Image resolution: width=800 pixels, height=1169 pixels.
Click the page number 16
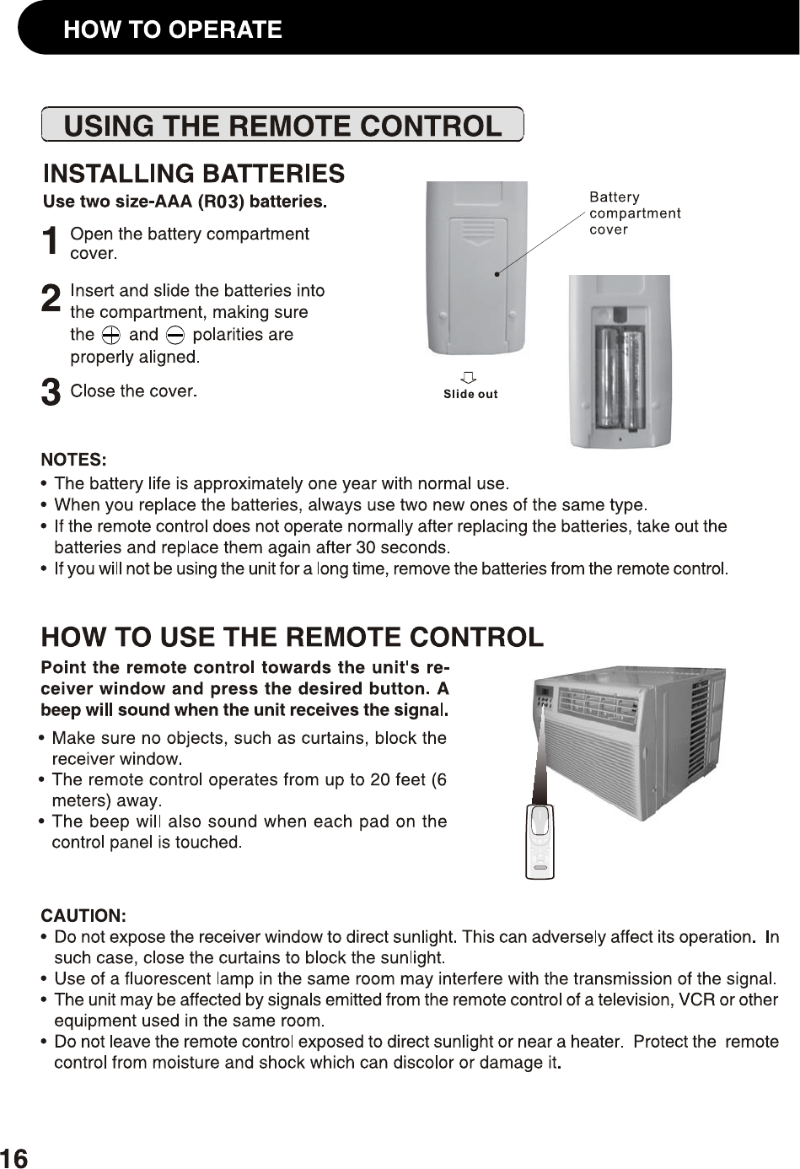(x=14, y=1158)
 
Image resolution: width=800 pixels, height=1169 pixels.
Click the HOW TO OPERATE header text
(x=173, y=30)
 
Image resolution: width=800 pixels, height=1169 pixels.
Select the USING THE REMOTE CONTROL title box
(x=282, y=126)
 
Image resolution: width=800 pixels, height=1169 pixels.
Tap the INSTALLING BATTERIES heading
(x=194, y=174)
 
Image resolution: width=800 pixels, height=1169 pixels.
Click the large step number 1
(x=51, y=241)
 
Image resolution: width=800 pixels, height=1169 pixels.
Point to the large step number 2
(x=51, y=299)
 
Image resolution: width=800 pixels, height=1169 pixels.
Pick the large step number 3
(x=51, y=393)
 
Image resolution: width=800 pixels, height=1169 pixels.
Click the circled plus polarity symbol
(x=110, y=335)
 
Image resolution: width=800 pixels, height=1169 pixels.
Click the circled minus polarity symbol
(x=175, y=335)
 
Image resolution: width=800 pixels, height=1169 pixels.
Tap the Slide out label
(x=470, y=394)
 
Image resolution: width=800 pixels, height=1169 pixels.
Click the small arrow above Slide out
(x=469, y=376)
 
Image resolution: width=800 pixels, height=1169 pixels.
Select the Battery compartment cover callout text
(x=634, y=213)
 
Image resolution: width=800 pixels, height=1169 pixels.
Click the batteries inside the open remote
(x=620, y=377)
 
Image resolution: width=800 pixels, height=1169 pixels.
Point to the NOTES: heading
(x=74, y=460)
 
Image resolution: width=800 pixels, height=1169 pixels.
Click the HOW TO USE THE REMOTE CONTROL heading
(x=293, y=637)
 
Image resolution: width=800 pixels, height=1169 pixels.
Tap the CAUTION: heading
(x=84, y=916)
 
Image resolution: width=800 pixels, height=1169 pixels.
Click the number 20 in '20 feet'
(x=381, y=779)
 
